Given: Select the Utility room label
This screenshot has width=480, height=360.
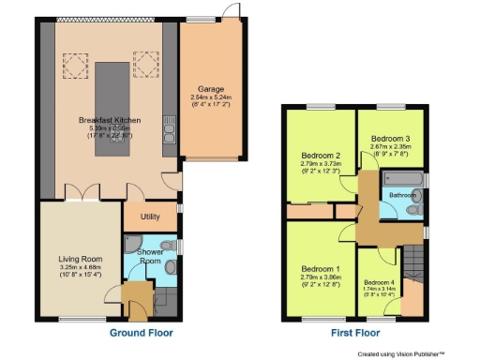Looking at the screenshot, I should tap(138, 216).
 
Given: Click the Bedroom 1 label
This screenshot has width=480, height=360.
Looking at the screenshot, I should tap(318, 269).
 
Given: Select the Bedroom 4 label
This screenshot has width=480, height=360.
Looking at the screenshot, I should tap(379, 282).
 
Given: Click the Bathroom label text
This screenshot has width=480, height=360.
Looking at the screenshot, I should tap(403, 195).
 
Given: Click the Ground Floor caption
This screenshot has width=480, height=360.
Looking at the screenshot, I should tap(142, 333).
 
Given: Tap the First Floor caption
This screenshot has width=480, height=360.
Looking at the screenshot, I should tap(354, 333).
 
